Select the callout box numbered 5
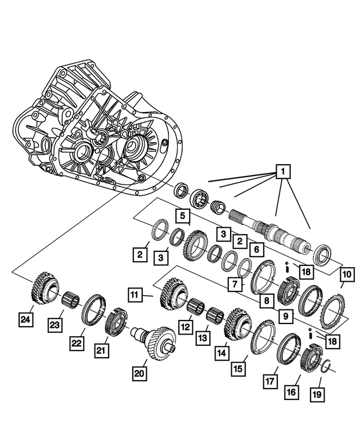pos(181,215)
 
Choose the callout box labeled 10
pos(346,274)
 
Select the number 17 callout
pos(270,380)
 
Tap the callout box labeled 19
pos(317,394)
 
